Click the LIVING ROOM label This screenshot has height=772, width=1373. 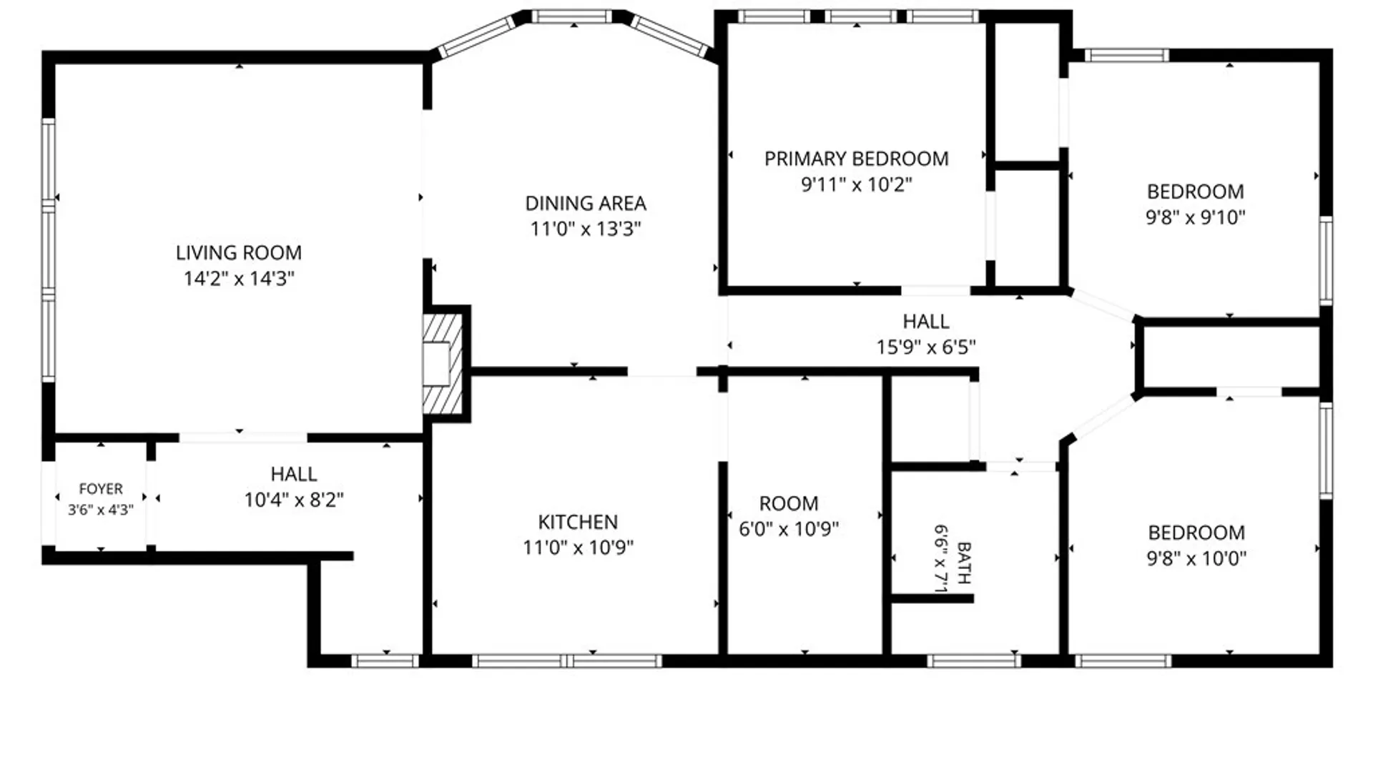pos(239,252)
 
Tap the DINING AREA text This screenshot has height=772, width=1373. pos(586,204)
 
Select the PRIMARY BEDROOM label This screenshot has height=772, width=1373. pos(857,159)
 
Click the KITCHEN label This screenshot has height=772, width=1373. pos(578,522)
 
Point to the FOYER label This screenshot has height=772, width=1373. pos(101,489)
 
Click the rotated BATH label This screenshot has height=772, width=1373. pos(963,563)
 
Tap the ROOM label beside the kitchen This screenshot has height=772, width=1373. pos(789,504)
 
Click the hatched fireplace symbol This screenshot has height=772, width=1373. pos(443,364)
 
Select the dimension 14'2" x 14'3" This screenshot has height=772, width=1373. pos(239,278)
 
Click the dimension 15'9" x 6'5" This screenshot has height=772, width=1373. pos(926,347)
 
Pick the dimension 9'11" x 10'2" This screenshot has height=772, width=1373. pos(857,184)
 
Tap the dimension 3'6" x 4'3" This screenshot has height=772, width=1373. pos(101,510)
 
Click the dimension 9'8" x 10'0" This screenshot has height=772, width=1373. pos(1196,558)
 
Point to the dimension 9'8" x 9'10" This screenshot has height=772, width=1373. pos(1196,217)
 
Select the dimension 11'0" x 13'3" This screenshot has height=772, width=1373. pos(586,229)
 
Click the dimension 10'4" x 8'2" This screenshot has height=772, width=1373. pos(294,500)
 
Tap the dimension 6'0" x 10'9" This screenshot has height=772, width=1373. pos(789,529)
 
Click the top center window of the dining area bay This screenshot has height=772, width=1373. pos(571,16)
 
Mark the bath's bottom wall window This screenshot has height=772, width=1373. pos(974,661)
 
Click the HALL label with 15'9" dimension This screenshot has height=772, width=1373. pos(926,322)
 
